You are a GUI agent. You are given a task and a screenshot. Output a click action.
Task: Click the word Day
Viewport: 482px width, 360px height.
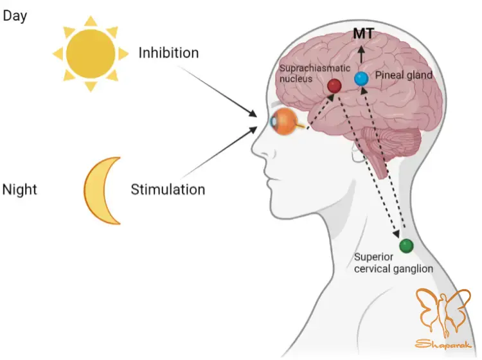coord(15,15)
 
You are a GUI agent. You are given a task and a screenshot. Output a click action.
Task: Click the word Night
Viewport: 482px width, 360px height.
coord(20,190)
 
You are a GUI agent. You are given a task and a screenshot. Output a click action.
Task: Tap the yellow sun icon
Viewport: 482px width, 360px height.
coord(91,54)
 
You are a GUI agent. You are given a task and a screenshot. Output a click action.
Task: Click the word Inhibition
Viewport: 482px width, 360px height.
coord(168,53)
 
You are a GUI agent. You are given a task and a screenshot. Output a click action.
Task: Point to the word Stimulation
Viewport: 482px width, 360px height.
coord(168,190)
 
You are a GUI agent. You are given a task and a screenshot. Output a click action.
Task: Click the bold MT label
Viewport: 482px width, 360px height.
coord(363,33)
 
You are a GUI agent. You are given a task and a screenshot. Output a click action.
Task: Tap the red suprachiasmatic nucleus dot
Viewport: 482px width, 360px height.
coord(334,85)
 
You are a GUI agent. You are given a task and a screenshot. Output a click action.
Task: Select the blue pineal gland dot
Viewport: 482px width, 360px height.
coord(361,78)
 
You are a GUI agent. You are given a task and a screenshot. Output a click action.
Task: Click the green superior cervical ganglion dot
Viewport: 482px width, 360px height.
coord(406,246)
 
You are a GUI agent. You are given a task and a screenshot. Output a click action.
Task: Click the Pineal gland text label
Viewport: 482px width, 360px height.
coord(404,75)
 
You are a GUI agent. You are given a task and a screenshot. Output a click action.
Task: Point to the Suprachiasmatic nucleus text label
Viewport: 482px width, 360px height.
coord(314,73)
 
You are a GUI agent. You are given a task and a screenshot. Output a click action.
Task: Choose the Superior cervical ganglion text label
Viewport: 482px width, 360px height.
coord(393,263)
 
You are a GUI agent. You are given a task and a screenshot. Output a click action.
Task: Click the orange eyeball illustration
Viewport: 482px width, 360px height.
coord(285,122)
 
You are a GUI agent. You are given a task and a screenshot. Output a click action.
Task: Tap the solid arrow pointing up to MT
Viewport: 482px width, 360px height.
coord(361,55)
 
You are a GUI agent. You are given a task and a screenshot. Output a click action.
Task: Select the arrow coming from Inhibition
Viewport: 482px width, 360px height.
coord(218,91)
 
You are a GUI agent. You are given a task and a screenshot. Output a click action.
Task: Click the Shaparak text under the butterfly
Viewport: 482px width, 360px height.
coord(443,344)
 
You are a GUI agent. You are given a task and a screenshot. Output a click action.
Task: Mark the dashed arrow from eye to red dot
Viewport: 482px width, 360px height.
coord(321,111)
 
